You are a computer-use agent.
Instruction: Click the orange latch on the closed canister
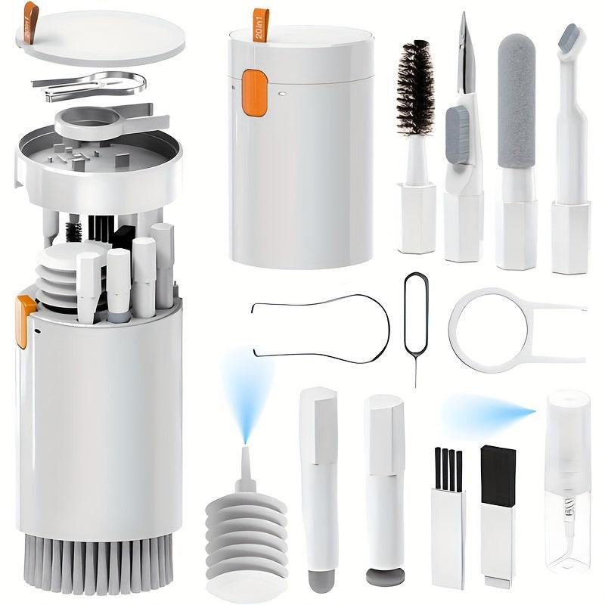pyautogui.click(x=255, y=93)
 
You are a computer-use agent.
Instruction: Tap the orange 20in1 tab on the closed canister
pyautogui.click(x=261, y=24)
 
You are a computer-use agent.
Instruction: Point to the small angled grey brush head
pyautogui.click(x=568, y=38)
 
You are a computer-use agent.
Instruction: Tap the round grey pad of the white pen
pyautogui.click(x=385, y=576)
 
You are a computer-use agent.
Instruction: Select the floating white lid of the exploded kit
pyautogui.click(x=100, y=36)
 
